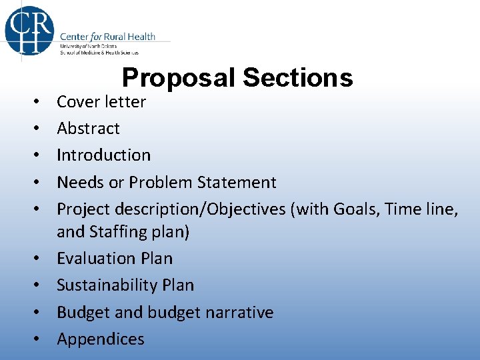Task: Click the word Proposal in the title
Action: (x=179, y=79)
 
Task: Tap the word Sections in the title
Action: (x=297, y=79)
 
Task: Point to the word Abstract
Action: (x=88, y=129)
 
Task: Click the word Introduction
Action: (x=103, y=155)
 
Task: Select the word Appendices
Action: (x=100, y=339)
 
